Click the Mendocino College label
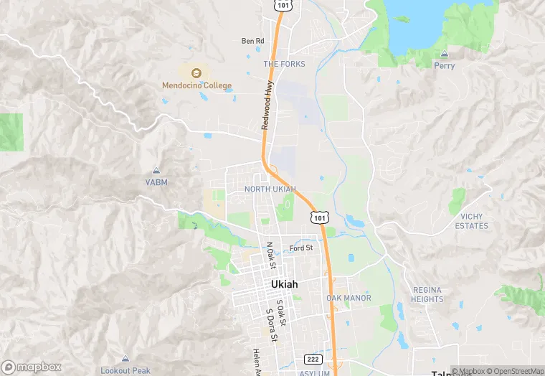click(x=196, y=86)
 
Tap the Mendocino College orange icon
click(x=196, y=72)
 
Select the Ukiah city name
click(x=285, y=284)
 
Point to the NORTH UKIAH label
click(x=270, y=189)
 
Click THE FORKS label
click(x=284, y=64)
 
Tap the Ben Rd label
click(x=252, y=41)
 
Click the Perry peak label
click(x=444, y=66)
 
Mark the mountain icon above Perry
click(x=444, y=55)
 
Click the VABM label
click(x=156, y=182)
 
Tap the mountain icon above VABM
click(x=156, y=171)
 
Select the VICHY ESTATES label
click(x=471, y=221)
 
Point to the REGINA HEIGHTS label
click(x=427, y=294)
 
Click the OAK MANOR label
click(x=349, y=298)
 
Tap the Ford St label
click(x=301, y=248)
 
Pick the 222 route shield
click(x=313, y=359)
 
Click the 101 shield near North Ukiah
click(x=320, y=216)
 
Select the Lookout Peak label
click(x=125, y=370)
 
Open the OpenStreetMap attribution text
click(x=515, y=371)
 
